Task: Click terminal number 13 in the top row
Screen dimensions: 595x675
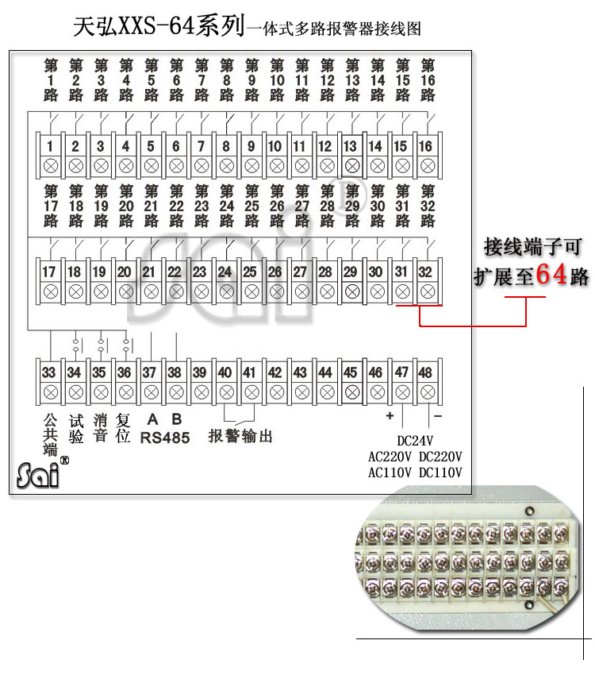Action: (350, 146)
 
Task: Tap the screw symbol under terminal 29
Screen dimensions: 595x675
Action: (352, 292)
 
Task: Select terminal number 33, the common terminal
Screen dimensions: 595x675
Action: (48, 372)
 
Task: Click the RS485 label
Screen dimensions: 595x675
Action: (165, 438)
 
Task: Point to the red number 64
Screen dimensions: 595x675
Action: (551, 274)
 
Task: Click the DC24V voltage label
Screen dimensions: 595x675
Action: (415, 441)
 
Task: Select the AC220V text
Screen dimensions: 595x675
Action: (390, 457)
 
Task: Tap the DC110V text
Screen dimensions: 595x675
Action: (440, 472)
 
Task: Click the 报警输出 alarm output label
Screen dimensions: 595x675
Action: (240, 436)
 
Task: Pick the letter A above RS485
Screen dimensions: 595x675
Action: (152, 419)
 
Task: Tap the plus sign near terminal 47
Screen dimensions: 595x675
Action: (390, 416)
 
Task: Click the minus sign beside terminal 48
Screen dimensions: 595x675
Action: (438, 416)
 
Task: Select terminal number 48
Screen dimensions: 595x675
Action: (425, 372)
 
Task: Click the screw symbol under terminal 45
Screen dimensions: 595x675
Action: (352, 392)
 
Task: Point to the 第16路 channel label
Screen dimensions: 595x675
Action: (428, 80)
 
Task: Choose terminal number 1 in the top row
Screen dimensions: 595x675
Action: (50, 146)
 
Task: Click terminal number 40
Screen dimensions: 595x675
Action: (225, 372)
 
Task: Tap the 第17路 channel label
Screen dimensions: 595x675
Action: (51, 206)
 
